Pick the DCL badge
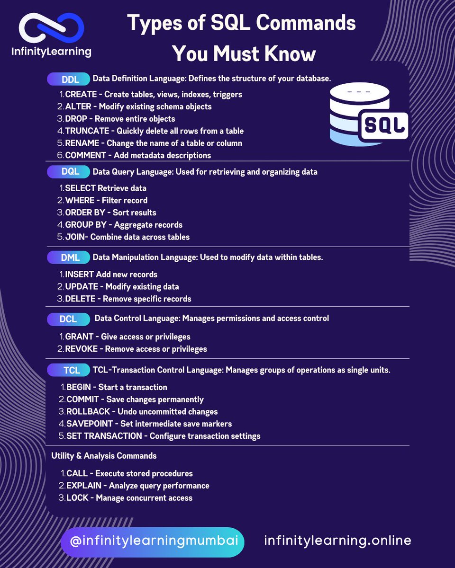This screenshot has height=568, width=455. [x=68, y=319]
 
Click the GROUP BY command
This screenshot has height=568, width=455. [x=86, y=225]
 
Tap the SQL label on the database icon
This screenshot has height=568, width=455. [x=384, y=125]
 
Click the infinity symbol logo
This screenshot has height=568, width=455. [x=51, y=28]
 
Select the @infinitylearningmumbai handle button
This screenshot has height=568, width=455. [x=152, y=541]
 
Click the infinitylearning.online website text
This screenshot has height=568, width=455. [x=337, y=541]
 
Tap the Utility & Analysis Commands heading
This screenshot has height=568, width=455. [x=104, y=456]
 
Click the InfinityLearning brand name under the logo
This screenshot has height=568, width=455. [x=51, y=51]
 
